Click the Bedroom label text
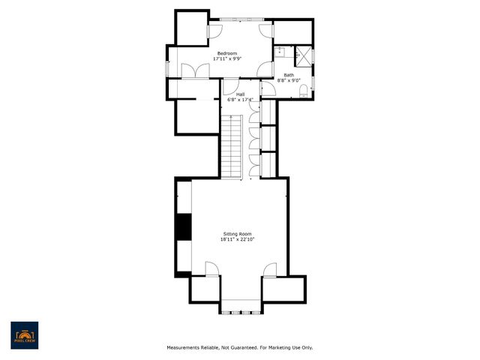(227, 53)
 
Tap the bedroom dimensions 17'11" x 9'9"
(227, 58)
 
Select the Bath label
(289, 75)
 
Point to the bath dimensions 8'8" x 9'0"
(289, 80)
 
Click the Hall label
(240, 94)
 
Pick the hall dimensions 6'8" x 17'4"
(240, 99)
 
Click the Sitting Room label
(238, 234)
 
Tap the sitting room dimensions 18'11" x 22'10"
(238, 240)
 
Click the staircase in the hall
(233, 147)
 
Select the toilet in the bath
(302, 91)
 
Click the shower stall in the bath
(304, 55)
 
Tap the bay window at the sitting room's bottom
(241, 305)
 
